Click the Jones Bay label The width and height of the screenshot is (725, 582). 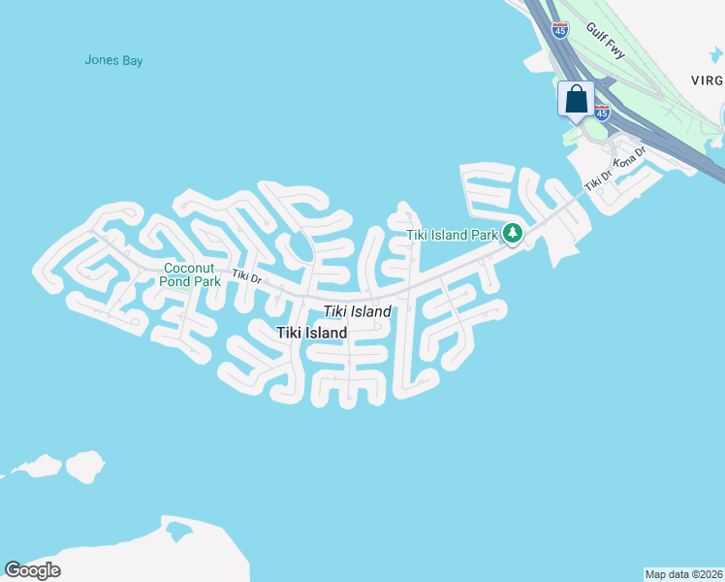point(113,60)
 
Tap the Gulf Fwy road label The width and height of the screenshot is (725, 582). point(606,41)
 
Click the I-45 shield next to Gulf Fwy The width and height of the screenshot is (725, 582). point(559,30)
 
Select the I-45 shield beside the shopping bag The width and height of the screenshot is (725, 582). point(602,113)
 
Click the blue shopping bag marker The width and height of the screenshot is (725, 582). point(576,99)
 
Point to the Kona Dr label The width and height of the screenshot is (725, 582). point(630,158)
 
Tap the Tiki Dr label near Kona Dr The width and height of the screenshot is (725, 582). point(598,179)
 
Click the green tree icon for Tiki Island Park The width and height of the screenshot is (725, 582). point(513,234)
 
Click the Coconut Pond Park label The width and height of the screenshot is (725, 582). point(193,275)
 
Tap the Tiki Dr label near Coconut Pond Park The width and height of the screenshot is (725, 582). point(246,277)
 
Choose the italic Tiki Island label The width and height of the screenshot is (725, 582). point(357,311)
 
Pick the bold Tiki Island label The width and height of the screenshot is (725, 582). point(311,333)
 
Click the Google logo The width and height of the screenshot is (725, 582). point(32,569)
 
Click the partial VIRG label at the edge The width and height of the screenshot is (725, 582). point(709,81)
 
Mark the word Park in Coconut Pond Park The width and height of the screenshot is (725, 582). point(205,281)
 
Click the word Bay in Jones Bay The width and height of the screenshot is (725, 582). point(132,60)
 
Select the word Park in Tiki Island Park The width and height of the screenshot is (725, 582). point(484,234)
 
